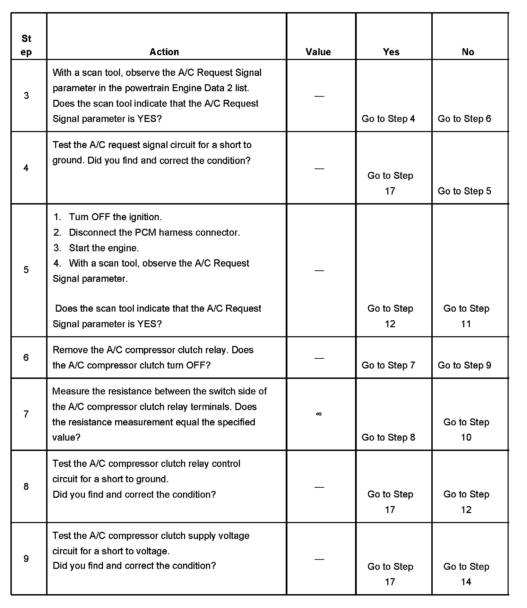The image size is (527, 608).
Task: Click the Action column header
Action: (x=164, y=52)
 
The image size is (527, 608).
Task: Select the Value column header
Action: (x=318, y=52)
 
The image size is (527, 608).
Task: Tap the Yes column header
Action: (x=391, y=52)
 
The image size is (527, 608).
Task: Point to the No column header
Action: (x=468, y=52)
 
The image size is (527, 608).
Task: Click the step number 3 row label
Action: (x=26, y=96)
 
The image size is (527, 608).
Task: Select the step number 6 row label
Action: (x=26, y=357)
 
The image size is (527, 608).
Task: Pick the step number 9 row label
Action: (x=26, y=558)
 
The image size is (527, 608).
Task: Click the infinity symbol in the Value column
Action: (x=319, y=414)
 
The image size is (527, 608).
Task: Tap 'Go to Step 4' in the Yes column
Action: (x=388, y=119)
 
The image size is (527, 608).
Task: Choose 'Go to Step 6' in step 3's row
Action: (x=464, y=119)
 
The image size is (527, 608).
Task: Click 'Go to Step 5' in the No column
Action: (x=464, y=191)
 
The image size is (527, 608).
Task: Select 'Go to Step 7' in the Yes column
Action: (x=388, y=365)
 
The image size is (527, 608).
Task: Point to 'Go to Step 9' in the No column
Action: (x=464, y=365)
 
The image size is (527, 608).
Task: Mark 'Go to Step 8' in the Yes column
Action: (x=388, y=437)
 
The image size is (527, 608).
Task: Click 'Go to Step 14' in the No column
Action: (x=466, y=574)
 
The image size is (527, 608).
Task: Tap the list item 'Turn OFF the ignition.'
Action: (x=115, y=217)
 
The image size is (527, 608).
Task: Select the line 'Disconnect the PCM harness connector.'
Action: (x=154, y=233)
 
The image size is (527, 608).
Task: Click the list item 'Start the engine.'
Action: (x=104, y=248)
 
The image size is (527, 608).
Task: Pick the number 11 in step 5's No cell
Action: (x=466, y=324)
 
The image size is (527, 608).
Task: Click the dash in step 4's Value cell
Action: (x=319, y=168)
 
